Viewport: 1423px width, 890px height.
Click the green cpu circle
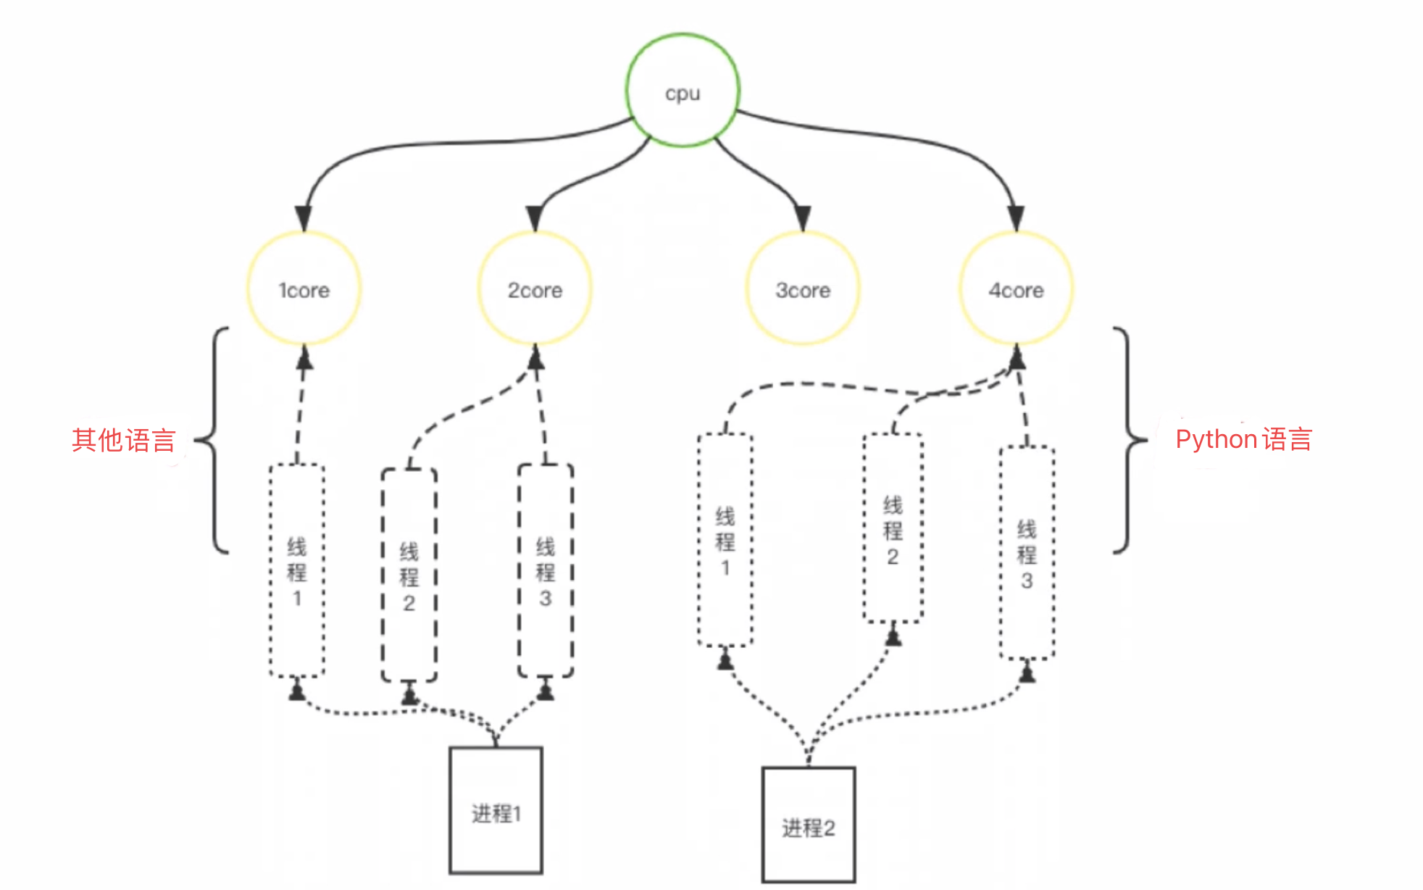[683, 91]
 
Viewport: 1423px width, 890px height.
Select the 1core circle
[304, 289]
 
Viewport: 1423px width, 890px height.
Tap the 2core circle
[535, 289]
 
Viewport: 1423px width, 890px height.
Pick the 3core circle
[803, 289]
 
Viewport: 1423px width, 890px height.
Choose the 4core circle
[1016, 289]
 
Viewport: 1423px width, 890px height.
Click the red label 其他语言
[124, 440]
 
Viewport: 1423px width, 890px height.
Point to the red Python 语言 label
[1243, 439]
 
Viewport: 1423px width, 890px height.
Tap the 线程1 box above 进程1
[297, 570]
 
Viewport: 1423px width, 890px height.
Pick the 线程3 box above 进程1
[546, 570]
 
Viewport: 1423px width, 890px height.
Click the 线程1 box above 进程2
[725, 540]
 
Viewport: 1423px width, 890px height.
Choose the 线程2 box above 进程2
[893, 528]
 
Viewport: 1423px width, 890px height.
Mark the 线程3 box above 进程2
[1027, 553]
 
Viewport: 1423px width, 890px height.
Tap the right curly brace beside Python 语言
[1127, 440]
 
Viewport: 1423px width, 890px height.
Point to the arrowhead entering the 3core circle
[803, 218]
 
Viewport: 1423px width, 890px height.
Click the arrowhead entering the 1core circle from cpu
[304, 218]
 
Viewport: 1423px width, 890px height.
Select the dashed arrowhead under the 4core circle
[1017, 357]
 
